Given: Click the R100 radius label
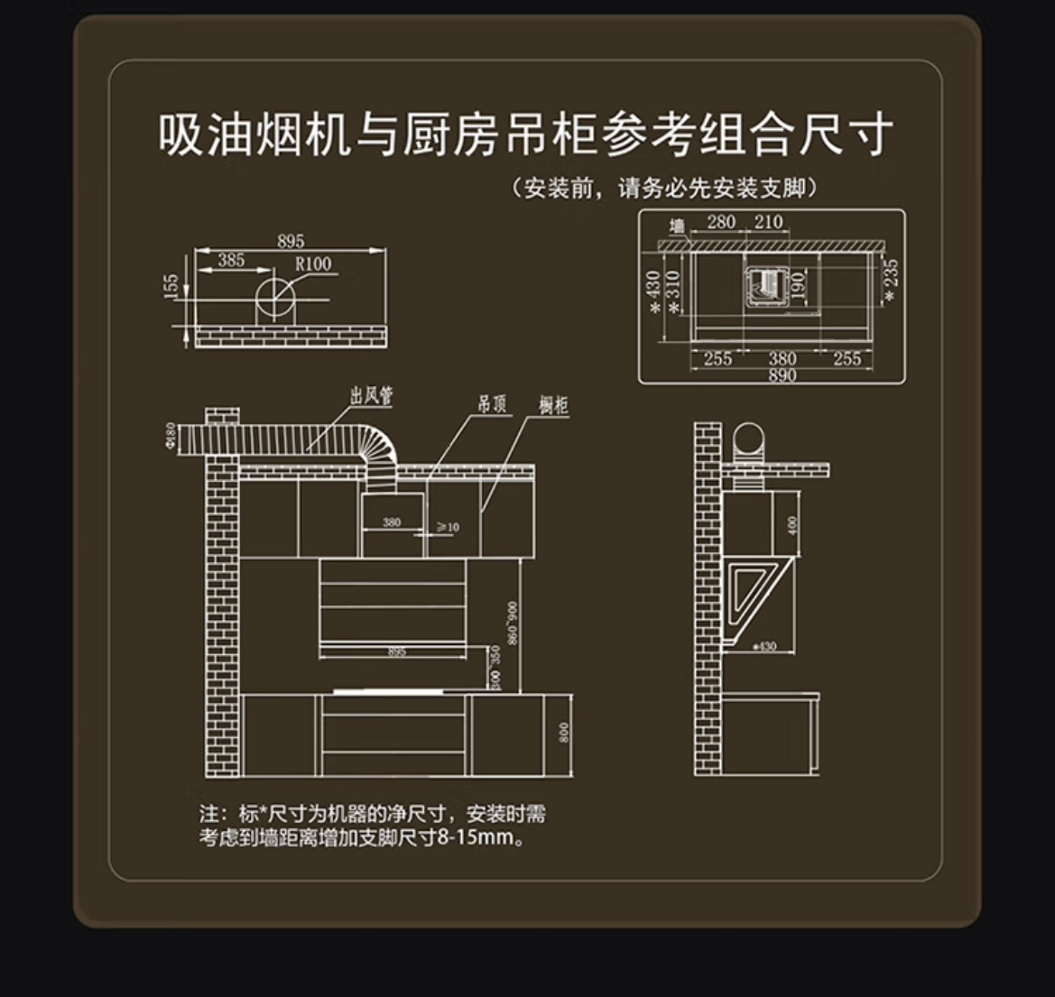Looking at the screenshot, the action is pos(313,263).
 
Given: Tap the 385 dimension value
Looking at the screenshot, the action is pos(231,260).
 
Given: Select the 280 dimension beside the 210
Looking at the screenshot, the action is pos(721,222).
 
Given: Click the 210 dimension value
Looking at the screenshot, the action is pos(768,222).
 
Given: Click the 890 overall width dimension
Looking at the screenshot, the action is pos(782,374).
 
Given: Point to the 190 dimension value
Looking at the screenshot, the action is pos(797,285).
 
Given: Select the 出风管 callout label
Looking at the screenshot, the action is pos(371,395).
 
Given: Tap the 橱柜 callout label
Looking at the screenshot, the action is pos(553,405).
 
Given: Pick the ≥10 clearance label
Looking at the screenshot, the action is pos(448,526).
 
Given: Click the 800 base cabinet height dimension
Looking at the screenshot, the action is pos(564,732).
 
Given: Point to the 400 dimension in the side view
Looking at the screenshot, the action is pos(792,524).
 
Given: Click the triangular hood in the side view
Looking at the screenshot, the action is pos(755,592).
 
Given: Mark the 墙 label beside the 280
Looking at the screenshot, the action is pos(677,225).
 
